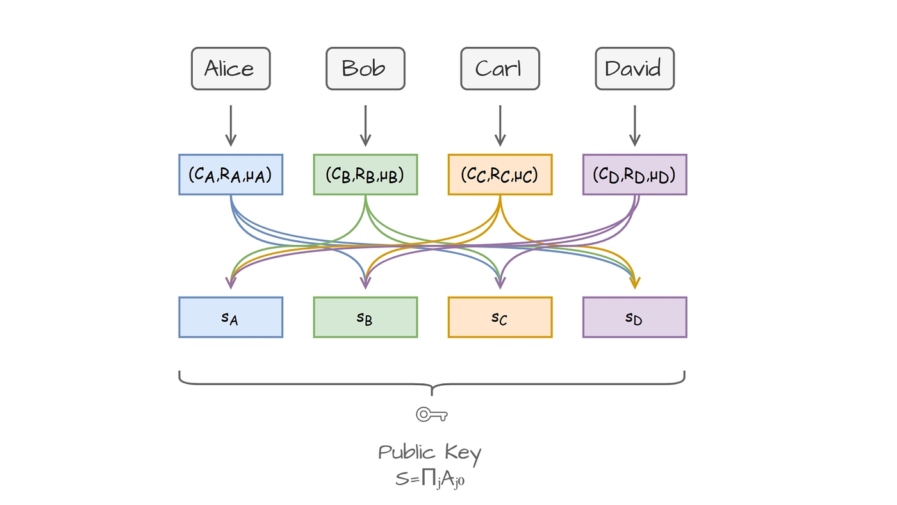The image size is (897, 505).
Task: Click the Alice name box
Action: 231,69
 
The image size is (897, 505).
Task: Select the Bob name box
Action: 365,69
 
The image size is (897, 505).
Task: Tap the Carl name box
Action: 500,69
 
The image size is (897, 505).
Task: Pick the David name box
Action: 634,69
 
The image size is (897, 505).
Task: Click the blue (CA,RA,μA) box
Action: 231,174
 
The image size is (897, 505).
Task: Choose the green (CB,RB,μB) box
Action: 365,174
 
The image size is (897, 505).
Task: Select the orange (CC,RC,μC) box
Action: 500,174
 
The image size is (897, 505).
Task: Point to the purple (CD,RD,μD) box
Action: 634,174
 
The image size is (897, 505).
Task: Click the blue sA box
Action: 231,317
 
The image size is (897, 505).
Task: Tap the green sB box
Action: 365,317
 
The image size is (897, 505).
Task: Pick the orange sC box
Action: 500,317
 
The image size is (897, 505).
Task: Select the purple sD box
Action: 634,317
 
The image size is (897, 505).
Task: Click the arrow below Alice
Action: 231,126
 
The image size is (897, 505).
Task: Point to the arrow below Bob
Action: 365,126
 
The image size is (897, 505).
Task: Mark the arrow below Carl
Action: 500,126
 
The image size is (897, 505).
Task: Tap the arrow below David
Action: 634,126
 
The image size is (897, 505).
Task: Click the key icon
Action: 431,415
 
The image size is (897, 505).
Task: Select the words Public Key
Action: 429,453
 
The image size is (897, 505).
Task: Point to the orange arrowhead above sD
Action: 634,283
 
